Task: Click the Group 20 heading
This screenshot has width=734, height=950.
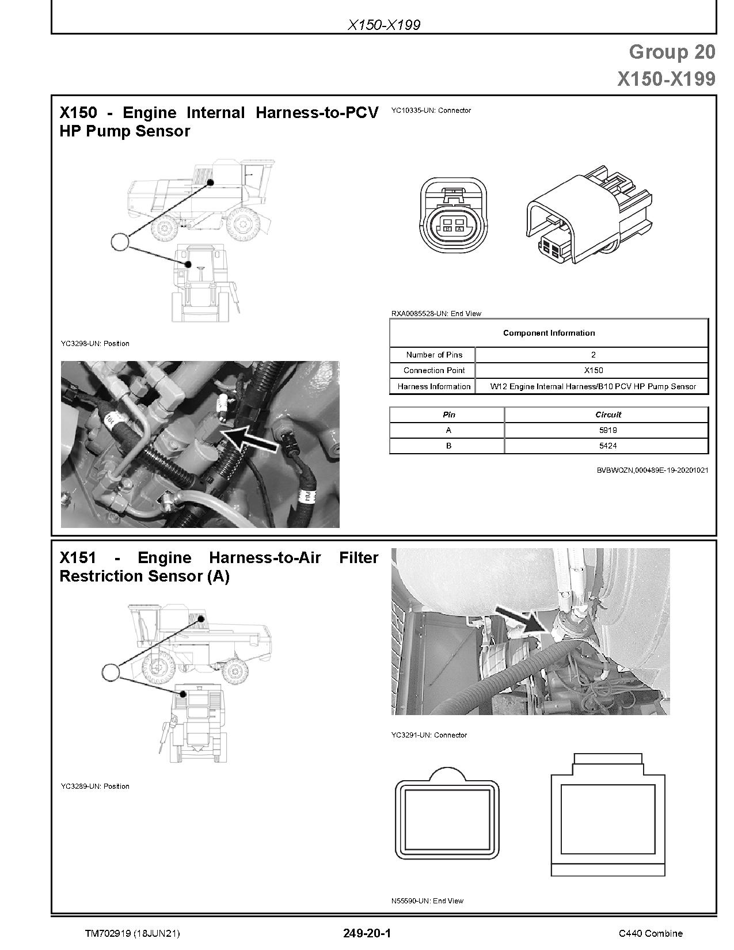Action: point(671,52)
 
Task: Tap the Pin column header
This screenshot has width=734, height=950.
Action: point(448,415)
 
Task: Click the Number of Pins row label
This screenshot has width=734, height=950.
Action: point(433,355)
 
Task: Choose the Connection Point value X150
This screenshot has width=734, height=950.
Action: point(593,370)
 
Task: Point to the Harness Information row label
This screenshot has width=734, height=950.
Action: point(433,386)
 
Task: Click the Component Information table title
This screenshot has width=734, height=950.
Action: point(549,333)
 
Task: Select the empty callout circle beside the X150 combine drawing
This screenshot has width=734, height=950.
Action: point(120,241)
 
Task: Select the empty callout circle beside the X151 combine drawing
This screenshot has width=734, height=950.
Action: point(110,671)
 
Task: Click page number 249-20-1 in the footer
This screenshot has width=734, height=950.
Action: point(367,933)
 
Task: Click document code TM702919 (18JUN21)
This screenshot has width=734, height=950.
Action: point(132,933)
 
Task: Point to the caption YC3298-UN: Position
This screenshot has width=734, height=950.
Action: point(95,343)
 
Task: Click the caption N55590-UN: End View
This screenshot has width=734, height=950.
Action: point(427,900)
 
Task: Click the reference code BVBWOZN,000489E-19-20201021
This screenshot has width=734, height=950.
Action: point(652,470)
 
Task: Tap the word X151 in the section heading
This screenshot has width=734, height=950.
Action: point(78,557)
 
